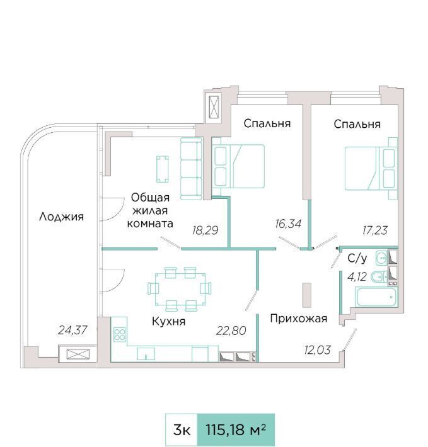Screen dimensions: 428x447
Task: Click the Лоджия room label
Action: [x=61, y=217]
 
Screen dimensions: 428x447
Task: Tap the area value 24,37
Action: [x=72, y=330]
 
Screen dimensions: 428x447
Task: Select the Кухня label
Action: [x=169, y=321]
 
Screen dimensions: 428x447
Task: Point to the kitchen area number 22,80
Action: [x=231, y=331]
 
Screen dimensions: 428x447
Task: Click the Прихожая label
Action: [x=298, y=319]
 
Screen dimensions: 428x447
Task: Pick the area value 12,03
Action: [x=317, y=350]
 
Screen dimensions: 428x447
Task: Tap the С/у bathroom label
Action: [x=357, y=258]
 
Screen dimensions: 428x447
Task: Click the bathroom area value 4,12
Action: [x=357, y=276]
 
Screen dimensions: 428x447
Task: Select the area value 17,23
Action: [x=375, y=230]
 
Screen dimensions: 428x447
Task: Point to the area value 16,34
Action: [x=288, y=224]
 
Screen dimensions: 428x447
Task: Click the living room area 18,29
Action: [x=205, y=230]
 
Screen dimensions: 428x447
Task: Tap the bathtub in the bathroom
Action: [x=376, y=297]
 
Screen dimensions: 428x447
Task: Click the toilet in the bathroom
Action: [x=379, y=276]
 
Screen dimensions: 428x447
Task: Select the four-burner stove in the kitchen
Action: [x=120, y=335]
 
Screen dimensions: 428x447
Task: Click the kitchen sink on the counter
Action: [x=146, y=353]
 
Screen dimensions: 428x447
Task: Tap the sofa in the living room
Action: [x=191, y=169]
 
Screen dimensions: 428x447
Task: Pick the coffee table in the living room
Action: [x=163, y=169]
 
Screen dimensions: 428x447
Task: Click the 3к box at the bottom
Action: [x=182, y=429]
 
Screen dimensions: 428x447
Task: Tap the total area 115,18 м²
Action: [x=236, y=429]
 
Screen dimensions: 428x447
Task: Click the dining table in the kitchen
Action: [x=180, y=289]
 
